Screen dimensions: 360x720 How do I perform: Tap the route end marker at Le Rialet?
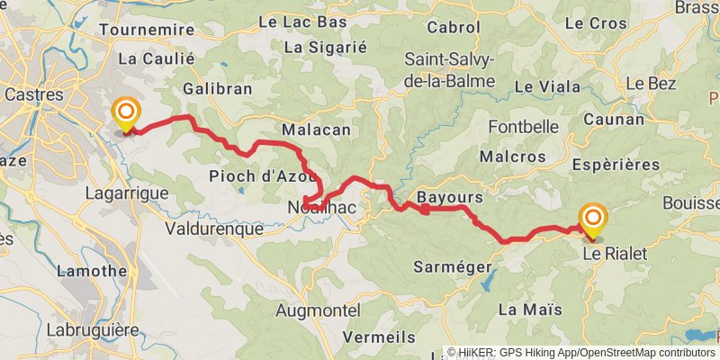click(x=593, y=220)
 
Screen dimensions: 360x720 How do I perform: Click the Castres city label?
click(x=34, y=94)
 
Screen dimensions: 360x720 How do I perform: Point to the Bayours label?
click(x=450, y=197)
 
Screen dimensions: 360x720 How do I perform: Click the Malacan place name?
click(x=316, y=130)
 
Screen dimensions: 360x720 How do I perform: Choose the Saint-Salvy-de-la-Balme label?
click(x=450, y=70)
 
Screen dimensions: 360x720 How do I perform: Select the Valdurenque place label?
click(x=214, y=229)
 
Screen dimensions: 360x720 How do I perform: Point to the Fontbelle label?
click(x=524, y=127)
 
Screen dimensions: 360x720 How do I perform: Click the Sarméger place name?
click(x=452, y=266)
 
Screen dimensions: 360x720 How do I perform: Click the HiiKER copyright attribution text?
click(x=582, y=352)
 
